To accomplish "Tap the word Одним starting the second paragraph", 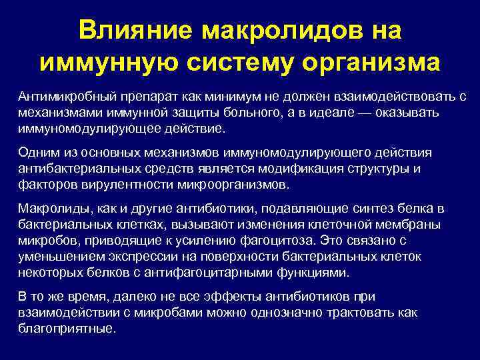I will coord(37,153).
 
